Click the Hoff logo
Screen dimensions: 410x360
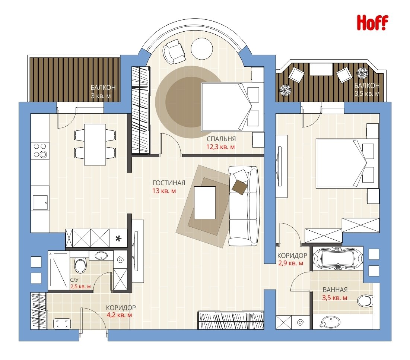point(372,23)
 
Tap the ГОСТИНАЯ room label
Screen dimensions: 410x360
point(169,183)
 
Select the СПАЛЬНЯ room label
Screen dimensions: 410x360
point(221,139)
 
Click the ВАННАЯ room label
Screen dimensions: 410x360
point(335,290)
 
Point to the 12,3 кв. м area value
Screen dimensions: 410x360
point(220,147)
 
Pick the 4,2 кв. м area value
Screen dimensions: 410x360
point(119,315)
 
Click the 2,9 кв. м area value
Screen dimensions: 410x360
point(290,263)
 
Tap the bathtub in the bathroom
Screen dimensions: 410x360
point(338,258)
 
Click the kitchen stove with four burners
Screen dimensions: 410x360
point(40,151)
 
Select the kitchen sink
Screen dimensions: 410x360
point(40,202)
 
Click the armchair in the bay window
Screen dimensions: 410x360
point(174,51)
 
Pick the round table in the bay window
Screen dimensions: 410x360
point(201,49)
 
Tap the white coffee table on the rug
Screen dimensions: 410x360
point(205,202)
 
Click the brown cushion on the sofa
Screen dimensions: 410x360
point(239,187)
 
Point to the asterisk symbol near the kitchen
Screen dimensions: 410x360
point(118,239)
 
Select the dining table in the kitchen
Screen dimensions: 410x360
point(95,145)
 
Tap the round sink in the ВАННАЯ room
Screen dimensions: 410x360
point(330,322)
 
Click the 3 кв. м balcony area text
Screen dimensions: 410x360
point(101,96)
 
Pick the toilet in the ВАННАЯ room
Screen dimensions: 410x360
point(365,301)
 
